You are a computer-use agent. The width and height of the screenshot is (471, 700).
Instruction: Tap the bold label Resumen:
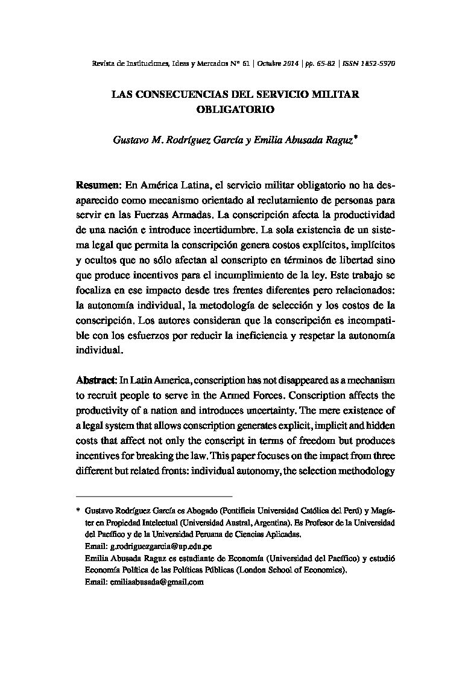[x=99, y=184]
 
